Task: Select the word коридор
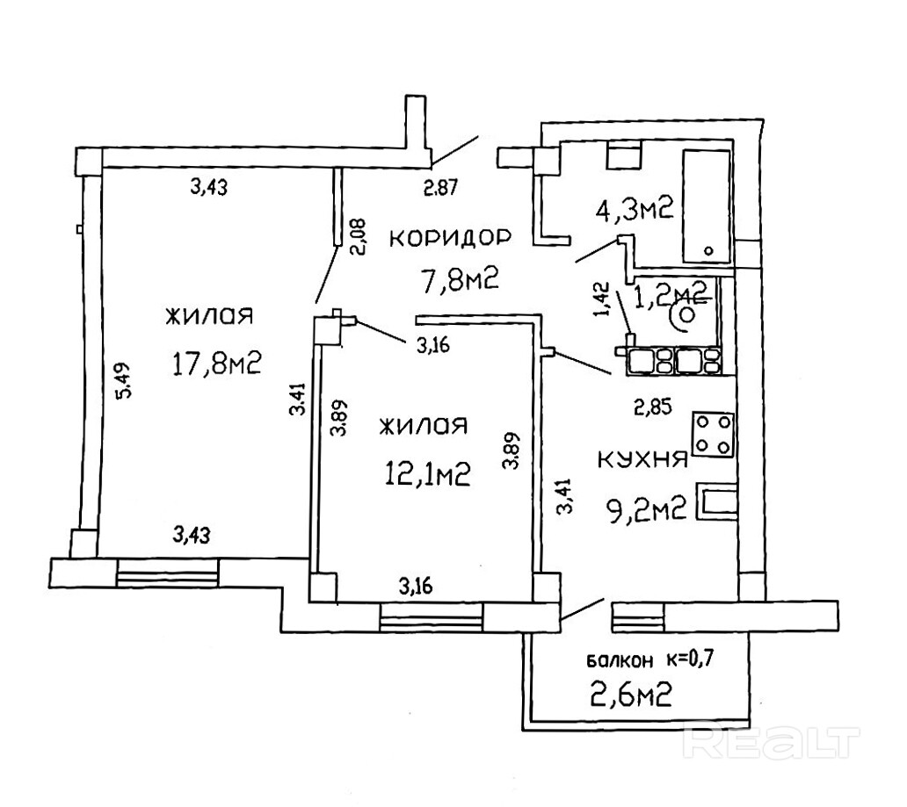[450, 237]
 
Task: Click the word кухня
[642, 460]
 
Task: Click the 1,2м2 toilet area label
[677, 290]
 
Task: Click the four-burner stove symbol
[713, 434]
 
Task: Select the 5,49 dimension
[124, 382]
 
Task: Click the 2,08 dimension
[357, 235]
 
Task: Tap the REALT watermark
[768, 742]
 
